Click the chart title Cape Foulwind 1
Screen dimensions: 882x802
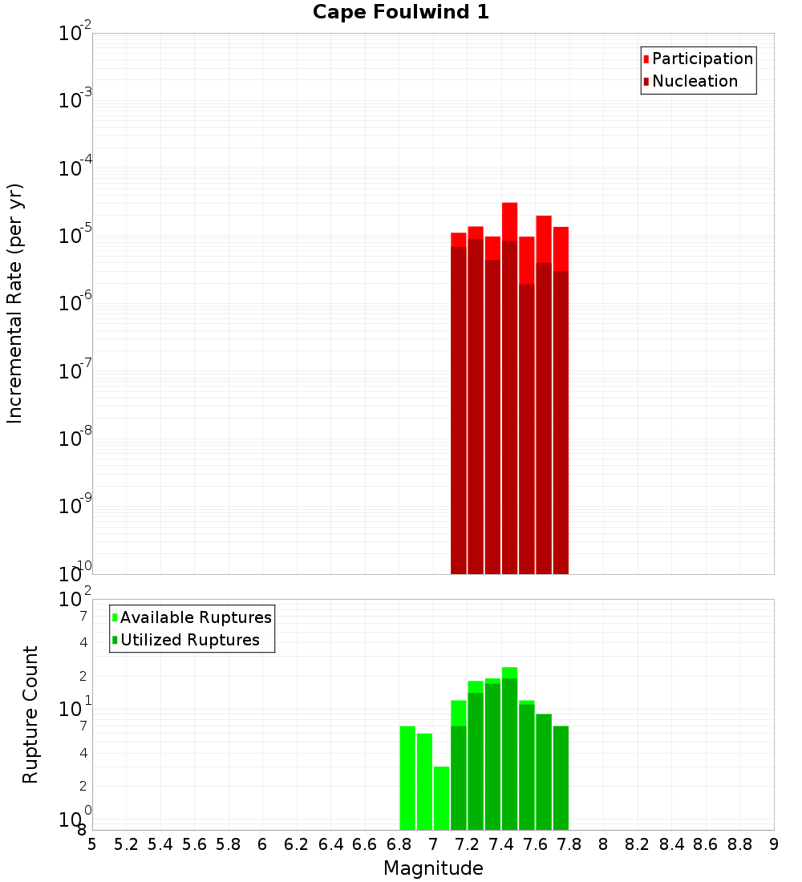[400, 12]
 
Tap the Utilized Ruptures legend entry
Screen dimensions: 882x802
[189, 640]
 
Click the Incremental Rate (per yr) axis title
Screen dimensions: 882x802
[15, 304]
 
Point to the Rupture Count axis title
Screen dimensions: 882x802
[30, 714]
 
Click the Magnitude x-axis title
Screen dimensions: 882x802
[433, 868]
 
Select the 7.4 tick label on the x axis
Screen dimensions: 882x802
[501, 844]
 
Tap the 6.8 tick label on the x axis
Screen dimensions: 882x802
[399, 844]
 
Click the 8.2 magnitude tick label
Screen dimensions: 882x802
[638, 844]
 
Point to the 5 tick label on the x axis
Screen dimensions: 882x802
[92, 844]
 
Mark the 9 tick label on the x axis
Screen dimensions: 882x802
[774, 844]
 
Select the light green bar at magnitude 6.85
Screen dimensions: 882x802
[407, 778]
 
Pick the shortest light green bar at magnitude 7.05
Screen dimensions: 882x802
[441, 798]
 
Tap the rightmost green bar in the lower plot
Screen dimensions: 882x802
[561, 778]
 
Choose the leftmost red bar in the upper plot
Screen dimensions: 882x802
[459, 401]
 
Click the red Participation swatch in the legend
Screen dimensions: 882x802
[646, 59]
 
